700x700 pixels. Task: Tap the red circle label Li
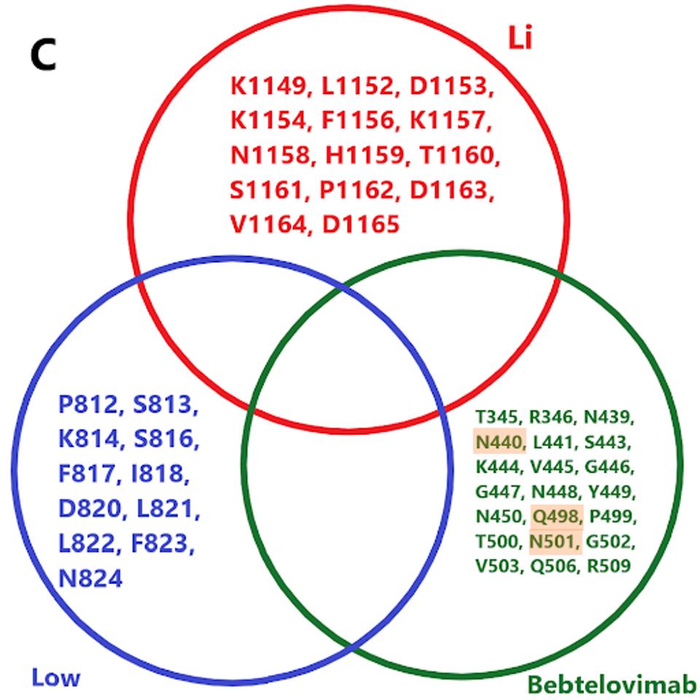[x=520, y=39]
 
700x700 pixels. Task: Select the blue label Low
[x=55, y=678]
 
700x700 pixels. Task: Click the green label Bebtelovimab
[x=612, y=685]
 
